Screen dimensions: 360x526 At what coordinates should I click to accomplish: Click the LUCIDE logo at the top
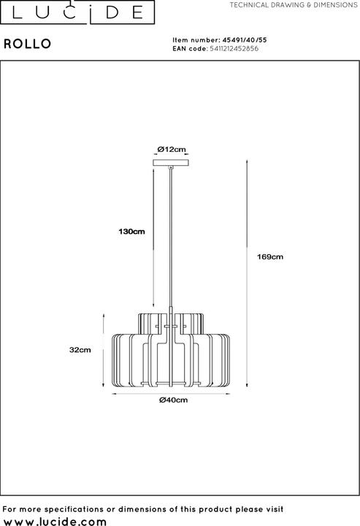point(77,12)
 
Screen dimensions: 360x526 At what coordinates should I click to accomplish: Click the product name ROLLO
point(28,44)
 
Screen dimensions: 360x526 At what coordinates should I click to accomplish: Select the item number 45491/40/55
point(245,40)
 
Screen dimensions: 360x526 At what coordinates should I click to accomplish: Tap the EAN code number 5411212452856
point(234,49)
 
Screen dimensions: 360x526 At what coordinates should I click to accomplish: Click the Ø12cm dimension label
point(172,149)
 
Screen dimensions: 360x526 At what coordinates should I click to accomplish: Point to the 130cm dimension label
point(131,232)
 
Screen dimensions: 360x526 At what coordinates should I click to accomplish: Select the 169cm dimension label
point(270,257)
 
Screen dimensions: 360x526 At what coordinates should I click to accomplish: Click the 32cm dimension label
point(80,349)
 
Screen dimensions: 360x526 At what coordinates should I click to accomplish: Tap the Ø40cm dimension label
point(173,400)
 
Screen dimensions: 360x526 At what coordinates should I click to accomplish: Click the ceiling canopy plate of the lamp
point(171,163)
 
